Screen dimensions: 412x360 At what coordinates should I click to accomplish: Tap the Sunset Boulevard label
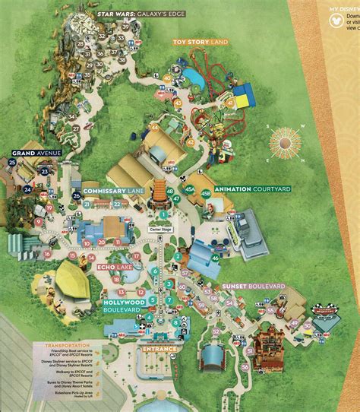[x=252, y=287]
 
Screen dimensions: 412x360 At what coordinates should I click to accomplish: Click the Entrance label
[x=159, y=350]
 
